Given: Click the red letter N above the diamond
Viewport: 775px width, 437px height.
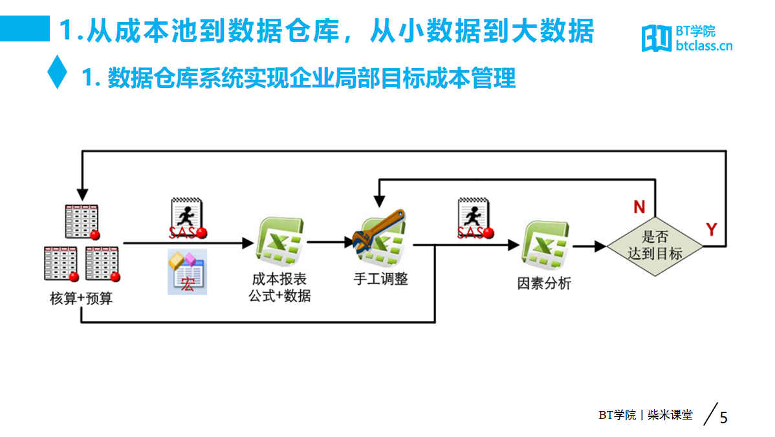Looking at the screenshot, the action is pos(639,207).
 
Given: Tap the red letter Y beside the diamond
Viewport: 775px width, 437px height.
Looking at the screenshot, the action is pos(711,229).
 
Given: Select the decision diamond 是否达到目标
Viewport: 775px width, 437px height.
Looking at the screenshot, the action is pos(655,246).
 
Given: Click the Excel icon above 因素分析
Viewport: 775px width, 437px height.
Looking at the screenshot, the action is pos(545,245).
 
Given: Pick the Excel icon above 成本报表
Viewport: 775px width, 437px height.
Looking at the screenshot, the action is pos(279,241).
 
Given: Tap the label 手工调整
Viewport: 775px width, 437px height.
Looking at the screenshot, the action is pos(380,279).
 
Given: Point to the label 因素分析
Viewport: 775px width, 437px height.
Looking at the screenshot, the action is pos(544,284).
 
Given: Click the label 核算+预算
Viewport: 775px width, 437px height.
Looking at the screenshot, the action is pos(81,298).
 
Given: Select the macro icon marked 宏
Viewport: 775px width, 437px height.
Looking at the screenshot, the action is pos(188,272).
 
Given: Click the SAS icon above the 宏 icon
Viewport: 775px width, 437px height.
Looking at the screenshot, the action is pos(188,218).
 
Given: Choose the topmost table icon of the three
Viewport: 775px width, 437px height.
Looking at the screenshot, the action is pos(82,221).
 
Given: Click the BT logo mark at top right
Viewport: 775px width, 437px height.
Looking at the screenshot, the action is pos(657,38).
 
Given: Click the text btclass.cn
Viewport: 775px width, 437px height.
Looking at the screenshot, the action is pos(704,46).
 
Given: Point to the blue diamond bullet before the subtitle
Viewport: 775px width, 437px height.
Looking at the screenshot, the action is pos(58,72).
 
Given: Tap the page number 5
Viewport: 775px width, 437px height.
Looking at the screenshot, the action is pos(724,418).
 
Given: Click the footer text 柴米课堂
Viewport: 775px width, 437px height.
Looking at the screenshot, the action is pos(670,415).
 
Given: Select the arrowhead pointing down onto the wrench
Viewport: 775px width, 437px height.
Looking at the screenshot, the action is pos(379,201).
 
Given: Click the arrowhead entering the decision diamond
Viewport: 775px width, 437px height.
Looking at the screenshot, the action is pos(600,246).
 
